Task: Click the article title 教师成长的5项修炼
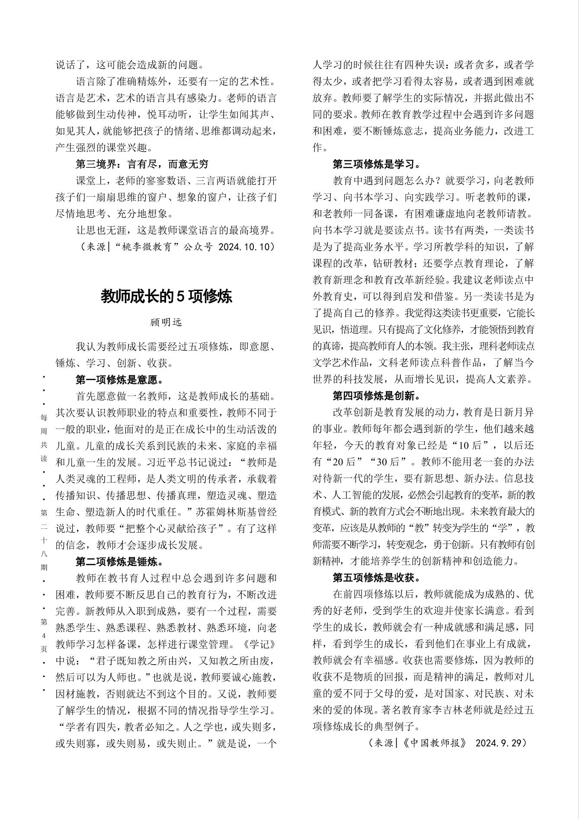pos(166,296)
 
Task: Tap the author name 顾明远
pos(166,322)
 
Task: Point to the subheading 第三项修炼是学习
pos(376,164)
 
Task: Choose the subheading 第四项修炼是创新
pos(376,396)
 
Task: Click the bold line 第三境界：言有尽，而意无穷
pos(142,164)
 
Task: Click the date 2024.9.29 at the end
pos(500,743)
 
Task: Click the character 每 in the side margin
pos(44,418)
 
